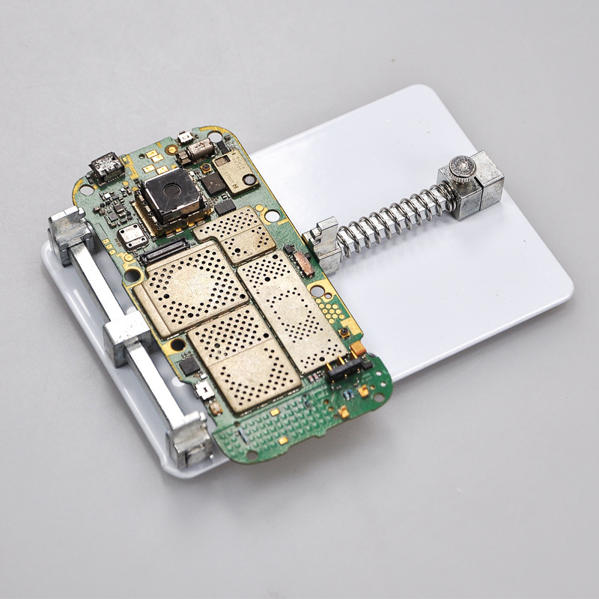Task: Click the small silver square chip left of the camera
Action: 133,236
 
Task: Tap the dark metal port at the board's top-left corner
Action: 105,166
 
